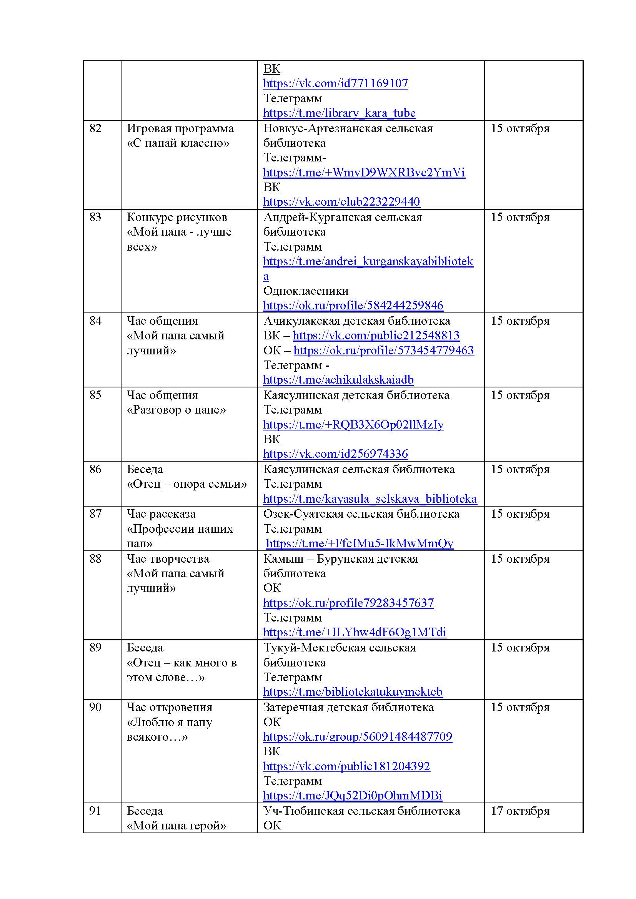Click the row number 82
point(95,128)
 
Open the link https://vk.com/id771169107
point(335,83)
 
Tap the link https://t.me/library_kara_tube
point(339,113)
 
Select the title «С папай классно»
point(178,143)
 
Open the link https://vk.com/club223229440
point(341,202)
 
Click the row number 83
point(95,217)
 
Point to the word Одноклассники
point(305,291)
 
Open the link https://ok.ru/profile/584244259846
point(353,306)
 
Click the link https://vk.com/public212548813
point(376,336)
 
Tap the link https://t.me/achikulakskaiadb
point(338,380)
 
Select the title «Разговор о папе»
point(176,410)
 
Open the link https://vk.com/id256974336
point(335,454)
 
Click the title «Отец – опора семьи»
point(187,484)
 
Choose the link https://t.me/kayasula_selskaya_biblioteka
point(370,499)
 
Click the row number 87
point(95,514)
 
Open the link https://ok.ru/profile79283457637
point(348,603)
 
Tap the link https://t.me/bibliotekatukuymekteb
point(353,692)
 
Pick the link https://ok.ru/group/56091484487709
point(357,736)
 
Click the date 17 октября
point(520,811)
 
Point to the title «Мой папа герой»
point(176,826)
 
